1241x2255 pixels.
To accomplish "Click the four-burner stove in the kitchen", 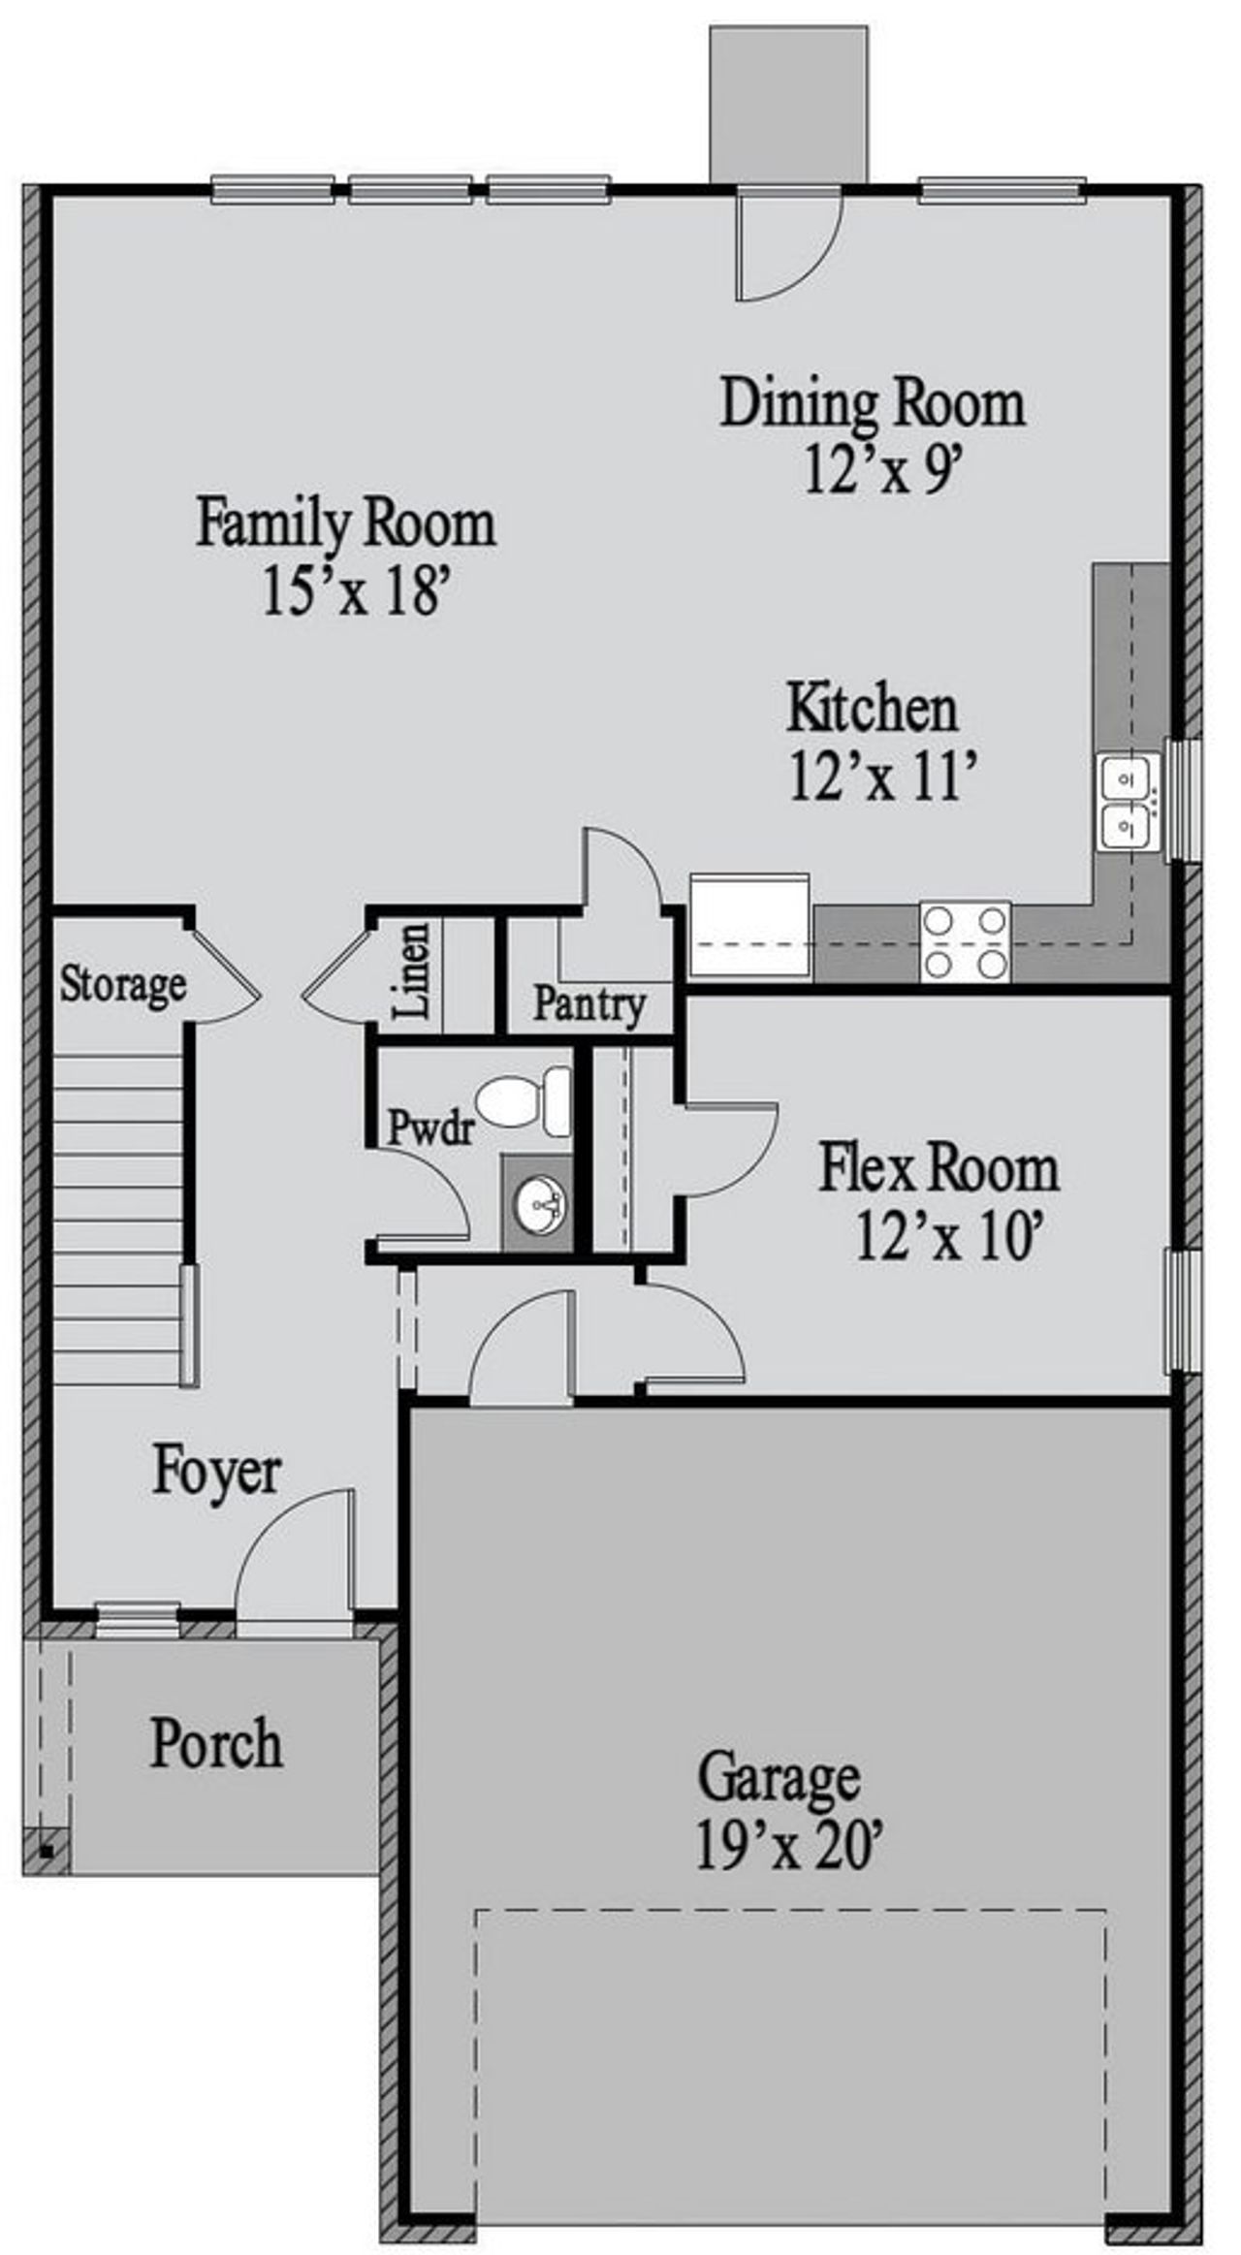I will point(965,940).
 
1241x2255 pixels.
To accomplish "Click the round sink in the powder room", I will point(539,1204).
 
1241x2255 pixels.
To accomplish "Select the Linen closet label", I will point(413,970).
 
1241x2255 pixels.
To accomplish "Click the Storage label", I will point(122,984).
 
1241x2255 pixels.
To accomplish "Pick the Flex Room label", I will point(939,1168).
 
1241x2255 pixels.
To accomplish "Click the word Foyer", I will point(216,1473).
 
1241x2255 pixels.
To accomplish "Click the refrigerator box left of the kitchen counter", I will point(748,924).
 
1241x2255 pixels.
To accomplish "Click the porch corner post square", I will point(48,1850).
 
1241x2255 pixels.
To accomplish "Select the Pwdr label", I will point(430,1128).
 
